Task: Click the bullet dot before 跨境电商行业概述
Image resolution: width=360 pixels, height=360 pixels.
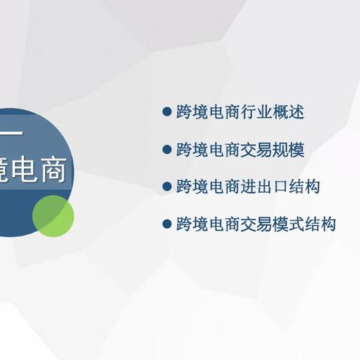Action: coord(167,112)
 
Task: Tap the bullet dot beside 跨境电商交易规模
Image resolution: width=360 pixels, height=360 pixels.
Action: coord(167,149)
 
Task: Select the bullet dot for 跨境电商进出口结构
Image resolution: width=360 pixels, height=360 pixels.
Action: coord(167,185)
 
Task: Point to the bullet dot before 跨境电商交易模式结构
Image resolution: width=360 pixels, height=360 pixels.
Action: coord(167,223)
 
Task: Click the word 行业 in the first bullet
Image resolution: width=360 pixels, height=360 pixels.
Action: coord(259,112)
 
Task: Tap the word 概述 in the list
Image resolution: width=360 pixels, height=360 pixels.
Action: coord(292,112)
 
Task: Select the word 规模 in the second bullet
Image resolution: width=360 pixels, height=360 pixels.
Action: coord(292,149)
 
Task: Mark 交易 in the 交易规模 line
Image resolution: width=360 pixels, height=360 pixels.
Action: coord(259,149)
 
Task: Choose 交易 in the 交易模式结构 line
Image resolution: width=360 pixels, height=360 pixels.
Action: coord(259,223)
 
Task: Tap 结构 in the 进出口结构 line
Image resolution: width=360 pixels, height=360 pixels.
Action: coord(308,186)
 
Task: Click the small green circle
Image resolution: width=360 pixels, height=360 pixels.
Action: coord(53,214)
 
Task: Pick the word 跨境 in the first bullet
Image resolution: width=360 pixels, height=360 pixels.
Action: coord(193,112)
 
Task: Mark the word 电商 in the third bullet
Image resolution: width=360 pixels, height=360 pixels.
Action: coord(226,186)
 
